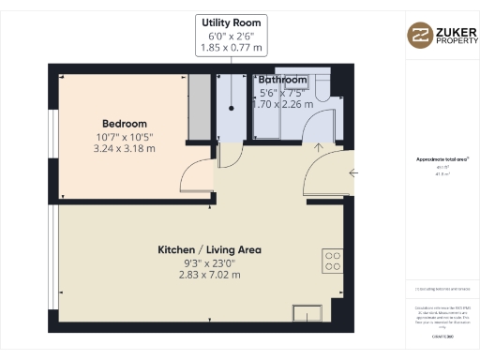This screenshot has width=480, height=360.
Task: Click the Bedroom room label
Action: (x=124, y=124)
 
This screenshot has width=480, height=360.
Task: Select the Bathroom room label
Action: (x=282, y=80)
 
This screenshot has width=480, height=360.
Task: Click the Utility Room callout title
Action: (x=230, y=21)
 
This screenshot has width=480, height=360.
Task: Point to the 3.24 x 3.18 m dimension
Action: (x=124, y=148)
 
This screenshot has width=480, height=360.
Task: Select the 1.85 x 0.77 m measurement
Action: (x=230, y=47)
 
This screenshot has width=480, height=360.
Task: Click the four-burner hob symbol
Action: (x=333, y=259)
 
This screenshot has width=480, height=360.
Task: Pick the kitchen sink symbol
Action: (x=306, y=313)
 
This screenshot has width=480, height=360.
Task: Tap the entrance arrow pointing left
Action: (x=352, y=172)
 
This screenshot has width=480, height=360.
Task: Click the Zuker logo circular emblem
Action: (x=419, y=35)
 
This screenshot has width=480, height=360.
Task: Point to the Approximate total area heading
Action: (x=436, y=159)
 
